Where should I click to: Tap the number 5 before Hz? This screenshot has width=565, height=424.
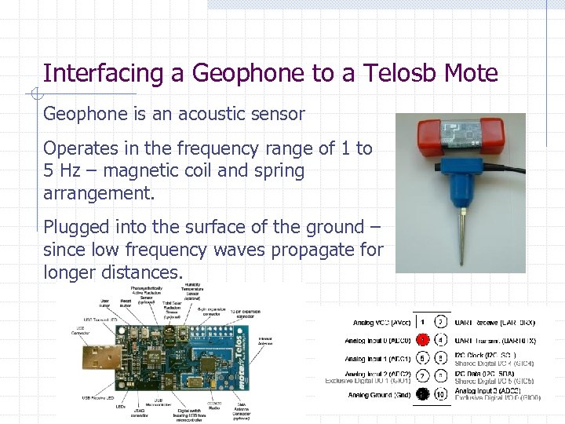pos(49,170)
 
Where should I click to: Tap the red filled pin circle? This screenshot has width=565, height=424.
pos(421,340)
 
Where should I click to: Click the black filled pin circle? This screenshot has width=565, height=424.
pos(421,394)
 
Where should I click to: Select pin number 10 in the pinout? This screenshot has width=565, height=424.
pos(442,394)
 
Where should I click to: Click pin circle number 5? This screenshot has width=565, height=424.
pos(421,358)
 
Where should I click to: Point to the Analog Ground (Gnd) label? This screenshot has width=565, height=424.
pos(379,395)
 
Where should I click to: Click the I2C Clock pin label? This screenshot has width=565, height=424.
pos(483,355)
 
